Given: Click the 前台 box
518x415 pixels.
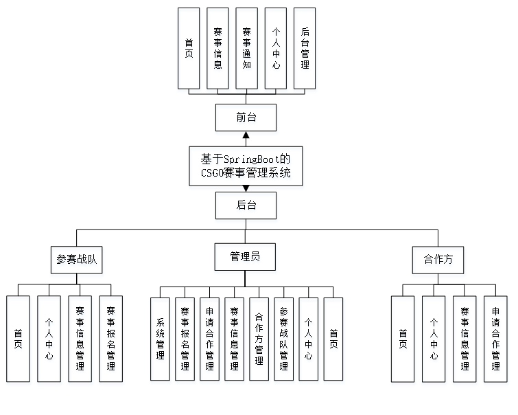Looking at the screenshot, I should [x=246, y=120].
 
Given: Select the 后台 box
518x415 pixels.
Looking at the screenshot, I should [x=246, y=207].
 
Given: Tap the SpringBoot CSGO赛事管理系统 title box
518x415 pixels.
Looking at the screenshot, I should [x=246, y=168].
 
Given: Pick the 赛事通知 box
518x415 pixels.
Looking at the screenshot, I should [x=247, y=50].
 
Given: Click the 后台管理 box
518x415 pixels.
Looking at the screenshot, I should [x=305, y=50].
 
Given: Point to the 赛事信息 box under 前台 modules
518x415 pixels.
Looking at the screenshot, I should [x=218, y=50].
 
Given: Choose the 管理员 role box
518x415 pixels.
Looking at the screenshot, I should [x=246, y=259].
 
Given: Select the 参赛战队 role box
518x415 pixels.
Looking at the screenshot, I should [x=77, y=262].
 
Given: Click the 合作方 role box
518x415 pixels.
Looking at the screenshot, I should [x=438, y=262].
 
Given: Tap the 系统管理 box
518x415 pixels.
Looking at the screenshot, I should [x=161, y=341].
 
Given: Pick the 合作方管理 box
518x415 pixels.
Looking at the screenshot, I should [x=259, y=341].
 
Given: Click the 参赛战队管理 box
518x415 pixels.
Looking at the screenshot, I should [x=284, y=341].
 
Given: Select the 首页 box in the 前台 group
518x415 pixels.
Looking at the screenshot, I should [x=189, y=50].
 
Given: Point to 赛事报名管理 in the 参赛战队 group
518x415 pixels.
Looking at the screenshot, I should [x=111, y=341].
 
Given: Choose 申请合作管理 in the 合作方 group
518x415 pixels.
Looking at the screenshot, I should [x=495, y=341].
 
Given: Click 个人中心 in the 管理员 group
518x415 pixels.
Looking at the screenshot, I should [x=309, y=341].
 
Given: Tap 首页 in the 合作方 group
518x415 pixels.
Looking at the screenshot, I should [x=403, y=341].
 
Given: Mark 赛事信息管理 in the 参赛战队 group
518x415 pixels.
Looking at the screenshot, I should [x=80, y=341].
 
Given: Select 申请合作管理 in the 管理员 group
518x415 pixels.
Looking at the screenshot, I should [x=210, y=341].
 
